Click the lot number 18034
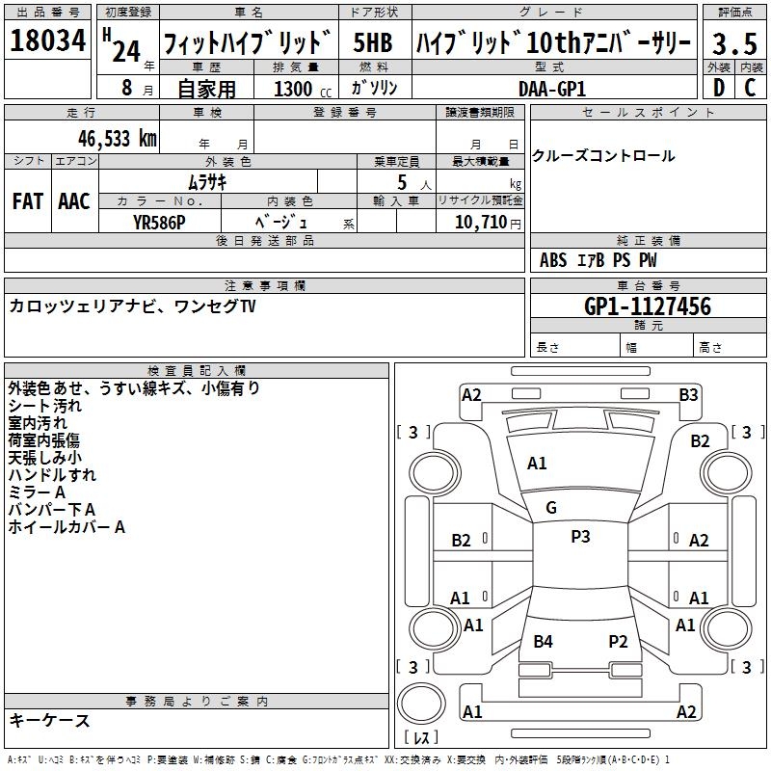pos(48,41)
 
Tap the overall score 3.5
pos(734,43)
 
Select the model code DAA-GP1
pos(552,87)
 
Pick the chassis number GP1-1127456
pos(648,306)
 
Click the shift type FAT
pos(27,201)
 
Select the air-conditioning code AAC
pos(74,201)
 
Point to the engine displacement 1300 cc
pos(299,89)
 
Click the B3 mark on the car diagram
pos(688,394)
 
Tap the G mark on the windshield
pos(551,507)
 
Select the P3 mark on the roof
pos(580,537)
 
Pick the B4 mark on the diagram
pos(543,641)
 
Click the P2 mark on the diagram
pos(618,641)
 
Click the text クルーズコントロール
pos(603,156)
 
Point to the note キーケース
pos(49,720)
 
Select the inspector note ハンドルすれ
pos(52,475)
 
